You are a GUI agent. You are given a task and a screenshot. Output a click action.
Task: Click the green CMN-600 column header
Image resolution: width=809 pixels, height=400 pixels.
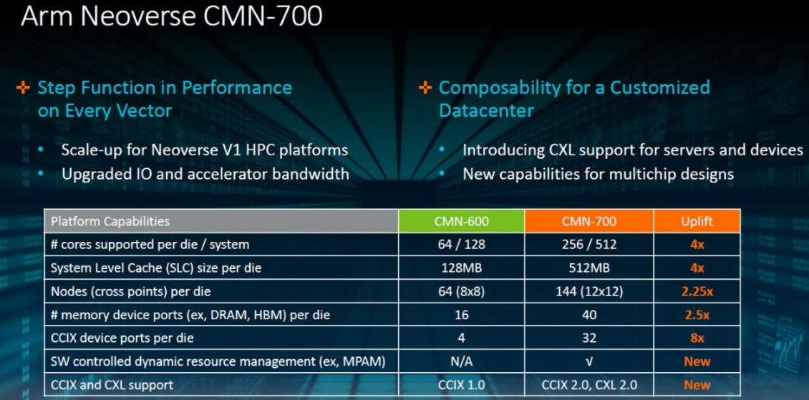pyautogui.click(x=461, y=221)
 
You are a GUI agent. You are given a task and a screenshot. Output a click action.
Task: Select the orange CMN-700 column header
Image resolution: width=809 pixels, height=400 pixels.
pyautogui.click(x=589, y=221)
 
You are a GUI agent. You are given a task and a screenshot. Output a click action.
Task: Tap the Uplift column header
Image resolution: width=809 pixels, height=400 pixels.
pyautogui.click(x=697, y=221)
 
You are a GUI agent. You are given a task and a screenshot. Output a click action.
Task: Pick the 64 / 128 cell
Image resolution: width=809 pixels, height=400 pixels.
pyautogui.click(x=461, y=244)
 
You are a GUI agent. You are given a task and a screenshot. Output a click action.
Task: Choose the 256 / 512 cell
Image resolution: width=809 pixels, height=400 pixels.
pyautogui.click(x=589, y=244)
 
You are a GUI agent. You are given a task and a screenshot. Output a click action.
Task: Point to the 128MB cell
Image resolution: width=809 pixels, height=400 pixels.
pyautogui.click(x=461, y=268)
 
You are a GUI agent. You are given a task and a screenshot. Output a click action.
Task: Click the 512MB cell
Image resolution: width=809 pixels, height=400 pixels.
pyautogui.click(x=589, y=268)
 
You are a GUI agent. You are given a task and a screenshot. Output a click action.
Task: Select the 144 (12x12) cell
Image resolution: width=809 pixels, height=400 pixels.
pyautogui.click(x=589, y=291)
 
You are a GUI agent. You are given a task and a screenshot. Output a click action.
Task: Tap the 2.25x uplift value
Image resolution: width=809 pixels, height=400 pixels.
pyautogui.click(x=697, y=291)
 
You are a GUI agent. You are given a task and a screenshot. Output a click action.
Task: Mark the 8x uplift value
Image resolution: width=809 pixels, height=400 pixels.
pyautogui.click(x=697, y=338)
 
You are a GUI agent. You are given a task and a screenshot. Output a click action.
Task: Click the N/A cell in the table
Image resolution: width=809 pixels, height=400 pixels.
pyautogui.click(x=461, y=361)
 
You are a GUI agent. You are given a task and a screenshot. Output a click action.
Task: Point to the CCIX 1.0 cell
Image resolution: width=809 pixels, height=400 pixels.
pyautogui.click(x=461, y=385)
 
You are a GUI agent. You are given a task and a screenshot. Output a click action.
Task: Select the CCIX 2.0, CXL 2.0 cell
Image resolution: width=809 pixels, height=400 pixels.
pyautogui.click(x=589, y=385)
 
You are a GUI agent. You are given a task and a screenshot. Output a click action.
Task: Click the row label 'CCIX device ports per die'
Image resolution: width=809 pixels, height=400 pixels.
pyautogui.click(x=122, y=338)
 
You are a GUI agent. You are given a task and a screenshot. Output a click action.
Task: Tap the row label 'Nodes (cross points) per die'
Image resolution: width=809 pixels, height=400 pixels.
pyautogui.click(x=130, y=291)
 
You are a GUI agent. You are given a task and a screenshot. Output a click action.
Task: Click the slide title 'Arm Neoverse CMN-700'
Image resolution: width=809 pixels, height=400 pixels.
pyautogui.click(x=171, y=16)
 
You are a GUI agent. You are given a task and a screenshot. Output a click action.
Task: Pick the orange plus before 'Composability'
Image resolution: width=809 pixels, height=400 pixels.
pyautogui.click(x=425, y=87)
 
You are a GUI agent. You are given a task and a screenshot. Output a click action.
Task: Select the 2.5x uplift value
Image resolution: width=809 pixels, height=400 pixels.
pyautogui.click(x=697, y=315)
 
